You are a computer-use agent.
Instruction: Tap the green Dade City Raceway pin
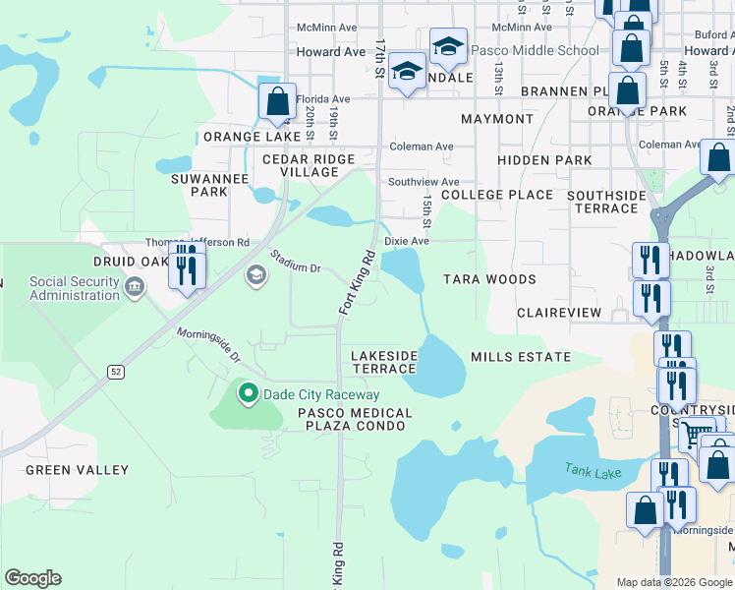[248, 394]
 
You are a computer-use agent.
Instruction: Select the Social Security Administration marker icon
[135, 287]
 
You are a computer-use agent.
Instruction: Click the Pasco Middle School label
[535, 50]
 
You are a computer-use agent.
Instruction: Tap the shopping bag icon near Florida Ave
[278, 101]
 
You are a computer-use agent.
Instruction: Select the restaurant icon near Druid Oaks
[187, 265]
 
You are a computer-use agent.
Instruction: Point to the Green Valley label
[77, 470]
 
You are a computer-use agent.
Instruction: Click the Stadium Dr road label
[296, 262]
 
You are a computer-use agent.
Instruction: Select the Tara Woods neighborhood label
[489, 279]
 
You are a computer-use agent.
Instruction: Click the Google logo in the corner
[32, 577]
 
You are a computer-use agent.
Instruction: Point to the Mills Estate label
[521, 357]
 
